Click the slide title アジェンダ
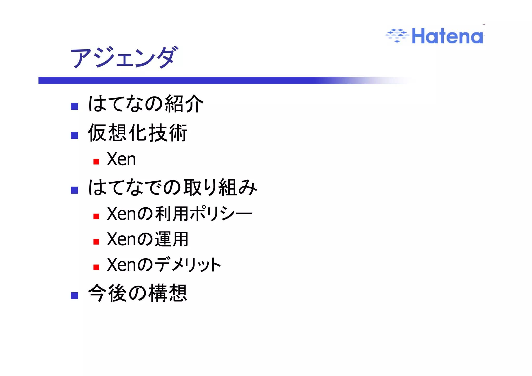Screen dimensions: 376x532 [x=124, y=57]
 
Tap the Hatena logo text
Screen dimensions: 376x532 [x=447, y=36]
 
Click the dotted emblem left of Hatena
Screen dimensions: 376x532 [x=397, y=35]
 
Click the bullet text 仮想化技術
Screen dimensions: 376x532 [x=137, y=133]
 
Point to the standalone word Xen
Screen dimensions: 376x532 [x=121, y=159]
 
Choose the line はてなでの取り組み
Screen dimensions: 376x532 [x=172, y=187]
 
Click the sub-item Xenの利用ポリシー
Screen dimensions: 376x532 [x=179, y=214]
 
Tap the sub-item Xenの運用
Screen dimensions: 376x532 [x=148, y=239]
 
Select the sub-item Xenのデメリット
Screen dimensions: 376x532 [x=164, y=265]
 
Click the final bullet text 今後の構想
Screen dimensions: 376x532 [x=137, y=293]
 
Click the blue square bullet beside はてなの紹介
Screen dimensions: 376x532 [x=75, y=106]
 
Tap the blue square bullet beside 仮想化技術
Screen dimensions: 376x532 [x=75, y=135]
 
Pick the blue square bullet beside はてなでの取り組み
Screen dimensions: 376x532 [x=75, y=190]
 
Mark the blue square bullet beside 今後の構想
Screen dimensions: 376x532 [x=75, y=296]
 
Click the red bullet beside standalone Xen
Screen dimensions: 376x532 [x=96, y=162]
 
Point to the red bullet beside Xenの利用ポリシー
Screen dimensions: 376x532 [x=96, y=216]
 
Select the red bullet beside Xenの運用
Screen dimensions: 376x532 [x=96, y=242]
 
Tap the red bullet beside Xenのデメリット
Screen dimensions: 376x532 [x=96, y=267]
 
